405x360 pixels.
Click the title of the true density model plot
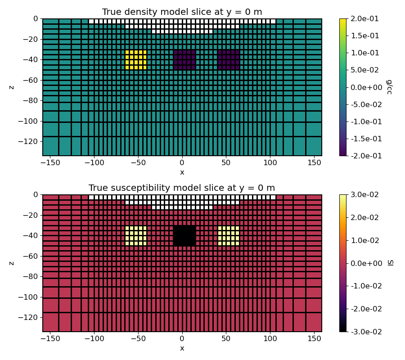pos(182,12)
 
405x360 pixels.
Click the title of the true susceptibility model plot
pos(182,188)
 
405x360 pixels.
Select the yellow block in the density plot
pos(136,60)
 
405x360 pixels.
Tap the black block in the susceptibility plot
pos(184,236)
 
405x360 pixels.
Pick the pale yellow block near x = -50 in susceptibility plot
pos(136,236)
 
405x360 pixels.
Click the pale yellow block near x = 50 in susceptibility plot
pos(229,236)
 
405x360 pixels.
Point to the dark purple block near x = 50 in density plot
pos(229,60)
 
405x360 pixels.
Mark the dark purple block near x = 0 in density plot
pos(184,60)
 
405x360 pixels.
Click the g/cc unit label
pos(390,87)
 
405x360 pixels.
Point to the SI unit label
pos(390,263)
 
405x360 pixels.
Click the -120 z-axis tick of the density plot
pos(30,141)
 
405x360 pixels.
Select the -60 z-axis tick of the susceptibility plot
pos(31,256)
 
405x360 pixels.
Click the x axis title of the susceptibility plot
pos(182,348)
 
